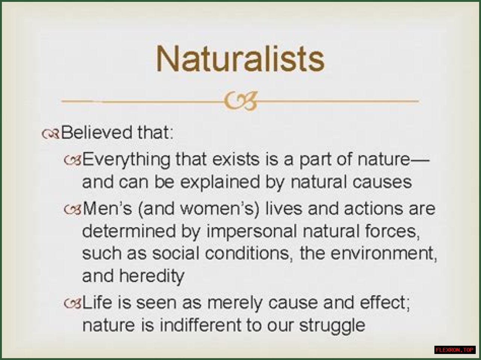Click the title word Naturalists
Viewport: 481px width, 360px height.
[x=240, y=59]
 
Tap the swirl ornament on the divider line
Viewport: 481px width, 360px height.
[x=240, y=101]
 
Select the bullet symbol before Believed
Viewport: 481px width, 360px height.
[x=50, y=134]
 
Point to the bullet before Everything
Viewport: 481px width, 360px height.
[x=73, y=160]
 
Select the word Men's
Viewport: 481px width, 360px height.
[x=107, y=208]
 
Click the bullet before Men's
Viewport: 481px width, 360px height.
[x=73, y=209]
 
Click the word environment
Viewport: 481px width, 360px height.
[x=384, y=254]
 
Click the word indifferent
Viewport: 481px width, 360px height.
[x=200, y=325]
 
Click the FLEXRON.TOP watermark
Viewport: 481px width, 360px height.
[x=455, y=350]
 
